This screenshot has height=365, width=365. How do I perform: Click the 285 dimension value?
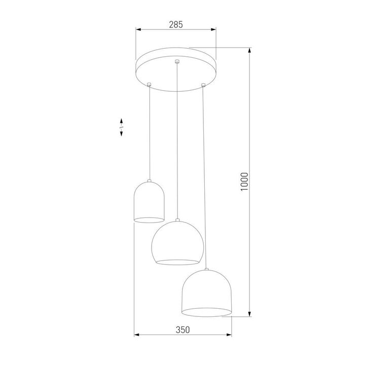click(x=175, y=24)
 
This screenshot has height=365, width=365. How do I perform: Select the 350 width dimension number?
click(x=182, y=330)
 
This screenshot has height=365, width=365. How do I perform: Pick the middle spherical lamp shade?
click(x=177, y=242)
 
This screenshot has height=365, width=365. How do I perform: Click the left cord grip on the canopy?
click(x=150, y=84)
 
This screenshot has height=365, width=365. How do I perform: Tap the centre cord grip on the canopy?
click(x=176, y=62)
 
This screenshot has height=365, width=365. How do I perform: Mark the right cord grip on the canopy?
click(x=203, y=84)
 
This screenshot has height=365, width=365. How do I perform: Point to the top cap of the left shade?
click(x=150, y=180)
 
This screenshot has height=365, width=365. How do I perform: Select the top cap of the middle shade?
click(x=177, y=220)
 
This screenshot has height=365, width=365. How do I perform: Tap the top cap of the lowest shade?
click(x=206, y=269)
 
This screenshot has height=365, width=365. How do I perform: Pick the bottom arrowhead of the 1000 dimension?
click(x=250, y=315)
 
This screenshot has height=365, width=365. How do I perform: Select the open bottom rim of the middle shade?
click(x=177, y=262)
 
